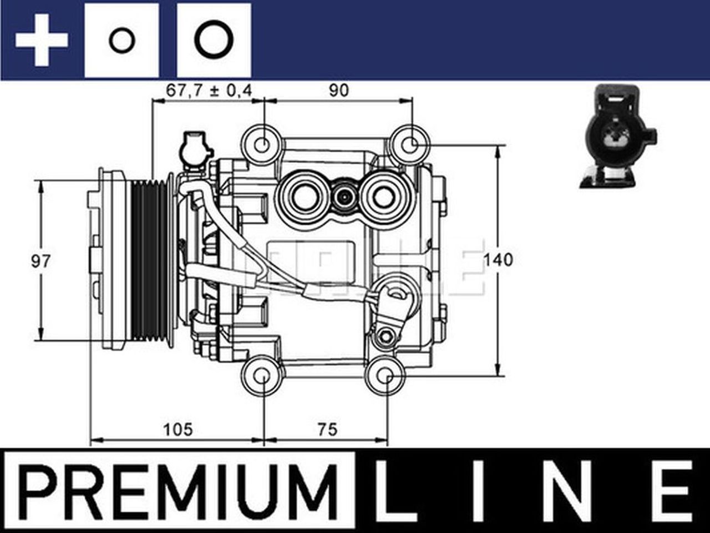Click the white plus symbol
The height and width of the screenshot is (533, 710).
pyautogui.click(x=42, y=41)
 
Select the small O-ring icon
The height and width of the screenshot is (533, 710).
pyautogui.click(x=121, y=41)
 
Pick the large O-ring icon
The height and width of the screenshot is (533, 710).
pyautogui.click(x=214, y=41)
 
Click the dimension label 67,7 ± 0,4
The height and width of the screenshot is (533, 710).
pyautogui.click(x=209, y=90)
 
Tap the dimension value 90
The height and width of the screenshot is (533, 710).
pyautogui.click(x=338, y=90)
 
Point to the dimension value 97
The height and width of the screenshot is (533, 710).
pyautogui.click(x=40, y=261)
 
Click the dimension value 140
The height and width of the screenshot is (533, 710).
pyautogui.click(x=499, y=260)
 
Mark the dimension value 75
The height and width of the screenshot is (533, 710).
pyautogui.click(x=327, y=429)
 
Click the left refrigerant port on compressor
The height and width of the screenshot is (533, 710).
pyautogui.click(x=303, y=196)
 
